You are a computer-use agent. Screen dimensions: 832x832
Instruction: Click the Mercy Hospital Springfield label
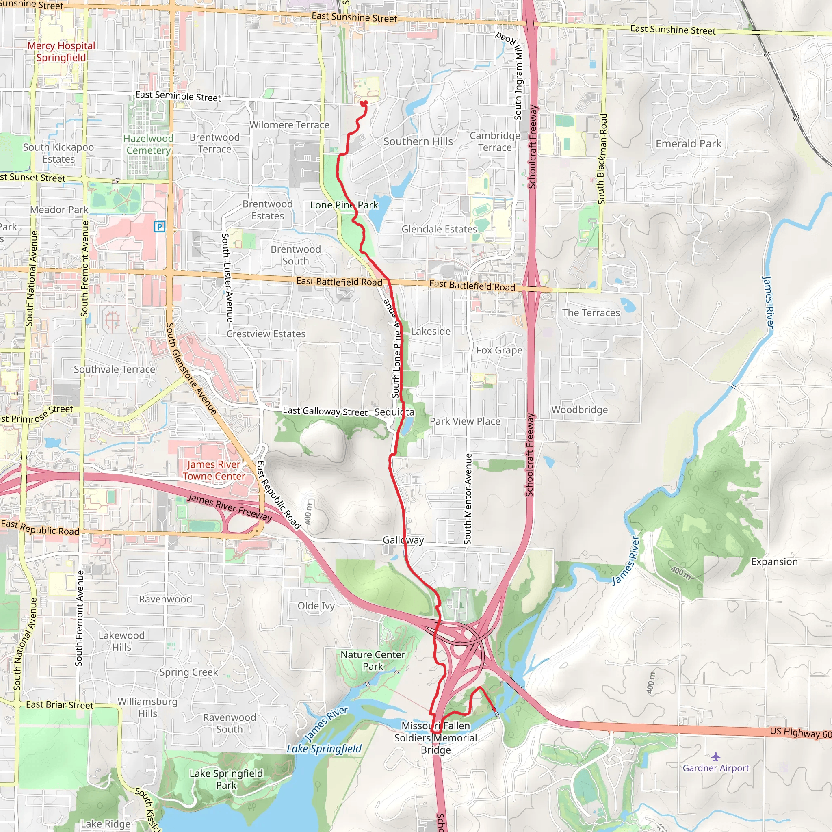click(x=61, y=52)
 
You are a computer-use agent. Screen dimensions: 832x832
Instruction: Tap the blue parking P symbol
click(x=160, y=227)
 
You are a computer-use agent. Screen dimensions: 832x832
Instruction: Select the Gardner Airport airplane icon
click(x=716, y=756)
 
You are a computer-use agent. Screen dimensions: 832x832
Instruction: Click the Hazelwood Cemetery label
click(x=149, y=144)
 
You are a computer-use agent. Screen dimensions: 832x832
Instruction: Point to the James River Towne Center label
click(x=214, y=470)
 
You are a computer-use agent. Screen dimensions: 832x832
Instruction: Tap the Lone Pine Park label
click(x=344, y=205)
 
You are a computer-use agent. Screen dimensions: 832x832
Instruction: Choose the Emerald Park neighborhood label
click(x=688, y=144)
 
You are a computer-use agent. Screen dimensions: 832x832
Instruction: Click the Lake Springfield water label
click(x=324, y=749)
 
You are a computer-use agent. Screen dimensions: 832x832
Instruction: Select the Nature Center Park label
click(x=373, y=661)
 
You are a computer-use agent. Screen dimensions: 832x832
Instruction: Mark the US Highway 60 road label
click(x=801, y=732)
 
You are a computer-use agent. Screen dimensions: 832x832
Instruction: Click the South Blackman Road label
click(x=602, y=159)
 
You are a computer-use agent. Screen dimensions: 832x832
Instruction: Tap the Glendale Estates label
click(x=439, y=229)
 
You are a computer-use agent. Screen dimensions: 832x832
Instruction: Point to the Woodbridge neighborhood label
click(x=580, y=409)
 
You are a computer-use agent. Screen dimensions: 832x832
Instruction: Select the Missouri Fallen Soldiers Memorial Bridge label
click(x=436, y=738)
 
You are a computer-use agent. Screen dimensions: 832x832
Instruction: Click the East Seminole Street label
click(x=178, y=96)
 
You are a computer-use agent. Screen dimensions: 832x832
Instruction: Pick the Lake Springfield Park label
click(x=226, y=779)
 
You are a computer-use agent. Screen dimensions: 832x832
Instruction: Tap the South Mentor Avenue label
click(x=468, y=499)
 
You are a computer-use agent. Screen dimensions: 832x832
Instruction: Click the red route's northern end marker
click(x=364, y=103)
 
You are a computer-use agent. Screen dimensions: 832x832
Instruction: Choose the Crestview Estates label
click(x=266, y=334)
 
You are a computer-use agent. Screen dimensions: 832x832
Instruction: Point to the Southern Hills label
click(x=418, y=142)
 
